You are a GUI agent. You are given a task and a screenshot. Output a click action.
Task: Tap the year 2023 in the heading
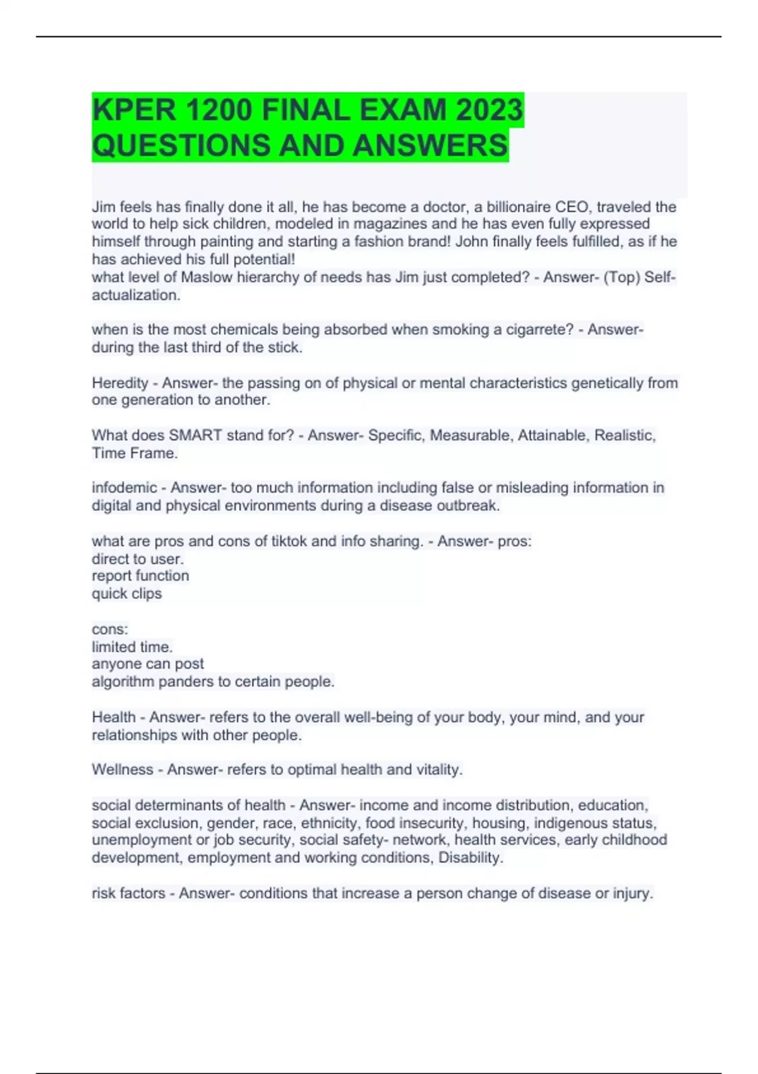coord(489,110)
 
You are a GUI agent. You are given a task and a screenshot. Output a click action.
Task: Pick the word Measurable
coord(469,435)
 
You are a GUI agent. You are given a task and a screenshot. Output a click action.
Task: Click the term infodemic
coord(124,488)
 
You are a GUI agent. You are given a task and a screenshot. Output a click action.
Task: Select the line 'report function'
coord(140,576)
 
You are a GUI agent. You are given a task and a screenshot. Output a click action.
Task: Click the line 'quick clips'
coord(127,593)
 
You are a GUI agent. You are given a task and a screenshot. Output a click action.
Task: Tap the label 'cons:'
coord(110,629)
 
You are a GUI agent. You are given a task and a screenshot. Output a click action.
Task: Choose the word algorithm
coord(123,682)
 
